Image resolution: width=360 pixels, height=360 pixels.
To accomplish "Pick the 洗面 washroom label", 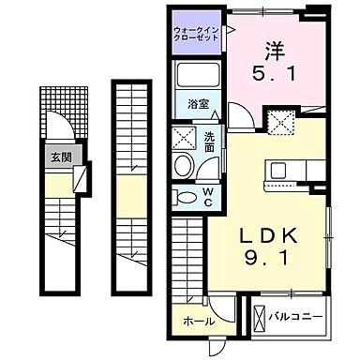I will [x=209, y=142].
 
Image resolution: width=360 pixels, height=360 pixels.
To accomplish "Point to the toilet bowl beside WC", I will [x=184, y=198].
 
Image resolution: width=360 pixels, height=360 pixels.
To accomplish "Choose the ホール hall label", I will [x=199, y=320].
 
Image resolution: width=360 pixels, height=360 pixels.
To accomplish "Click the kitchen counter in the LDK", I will [x=282, y=171].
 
